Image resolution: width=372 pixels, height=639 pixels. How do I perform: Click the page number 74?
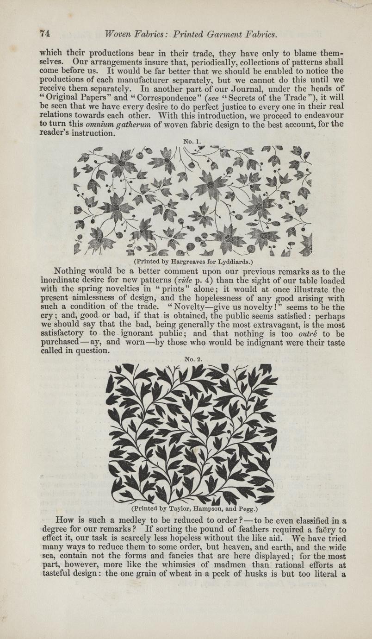click(45, 33)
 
